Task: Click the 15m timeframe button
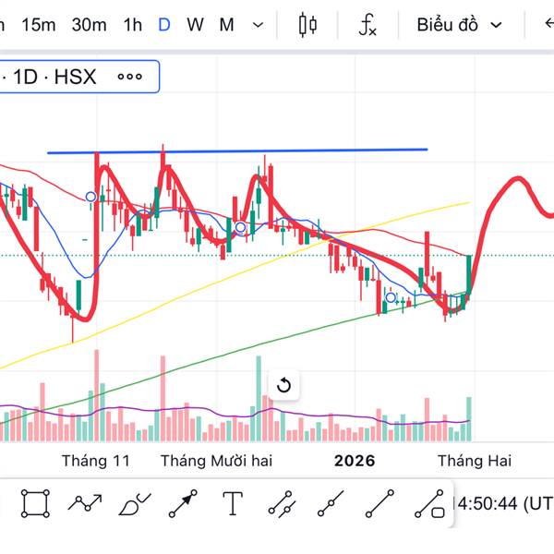click(x=38, y=25)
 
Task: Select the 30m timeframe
click(x=89, y=25)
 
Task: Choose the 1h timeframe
click(x=133, y=25)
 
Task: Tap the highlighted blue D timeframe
click(x=164, y=25)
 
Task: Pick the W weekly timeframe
click(x=195, y=25)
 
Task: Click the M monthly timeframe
click(x=226, y=25)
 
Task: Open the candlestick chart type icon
click(x=308, y=25)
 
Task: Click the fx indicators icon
click(x=367, y=25)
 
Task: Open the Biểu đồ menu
click(x=459, y=25)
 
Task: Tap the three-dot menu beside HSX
click(x=130, y=77)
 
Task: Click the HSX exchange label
click(x=75, y=77)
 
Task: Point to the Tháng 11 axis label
click(x=96, y=460)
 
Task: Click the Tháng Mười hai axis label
click(x=216, y=460)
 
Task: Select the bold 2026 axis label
click(x=355, y=460)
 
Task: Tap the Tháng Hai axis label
click(x=474, y=460)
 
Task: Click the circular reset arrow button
click(x=283, y=385)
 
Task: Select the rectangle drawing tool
click(x=35, y=503)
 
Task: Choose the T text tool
click(x=233, y=503)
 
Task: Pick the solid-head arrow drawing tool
click(x=183, y=503)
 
